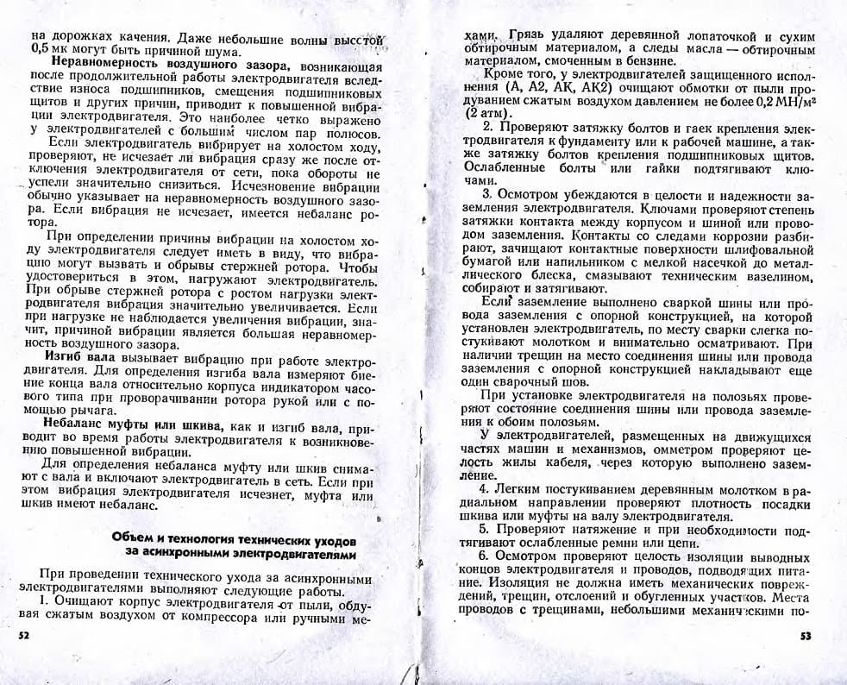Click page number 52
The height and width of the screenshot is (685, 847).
[23, 635]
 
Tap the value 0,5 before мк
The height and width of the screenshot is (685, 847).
[39, 50]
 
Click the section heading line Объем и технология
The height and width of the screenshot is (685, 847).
[233, 539]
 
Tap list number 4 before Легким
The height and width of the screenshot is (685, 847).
[485, 490]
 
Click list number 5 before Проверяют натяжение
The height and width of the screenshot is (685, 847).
[484, 528]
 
